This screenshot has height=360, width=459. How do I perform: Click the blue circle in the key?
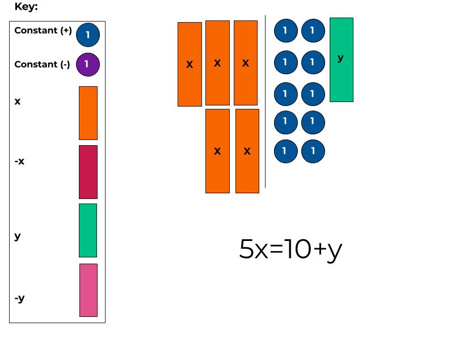pyautogui.click(x=87, y=35)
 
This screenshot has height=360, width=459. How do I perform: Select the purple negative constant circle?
pyautogui.click(x=87, y=64)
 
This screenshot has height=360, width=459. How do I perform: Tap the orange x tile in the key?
pyautogui.click(x=88, y=113)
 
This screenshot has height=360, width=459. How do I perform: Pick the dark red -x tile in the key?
pyautogui.click(x=88, y=172)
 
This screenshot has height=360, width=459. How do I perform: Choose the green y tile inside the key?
pyautogui.click(x=88, y=230)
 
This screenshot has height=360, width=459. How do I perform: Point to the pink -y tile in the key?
pyautogui.click(x=88, y=290)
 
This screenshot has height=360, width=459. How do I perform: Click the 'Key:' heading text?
pyautogui.click(x=26, y=7)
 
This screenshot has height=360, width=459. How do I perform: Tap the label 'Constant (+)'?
pyautogui.click(x=43, y=31)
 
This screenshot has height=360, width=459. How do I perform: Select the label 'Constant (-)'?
pyautogui.click(x=42, y=65)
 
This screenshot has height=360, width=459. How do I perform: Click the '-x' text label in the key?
pyautogui.click(x=19, y=162)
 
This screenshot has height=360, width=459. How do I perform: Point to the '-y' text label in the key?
pyautogui.click(x=19, y=298)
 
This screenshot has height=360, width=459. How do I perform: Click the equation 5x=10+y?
pyautogui.click(x=290, y=249)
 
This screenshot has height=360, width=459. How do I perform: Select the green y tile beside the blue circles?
pyautogui.click(x=341, y=60)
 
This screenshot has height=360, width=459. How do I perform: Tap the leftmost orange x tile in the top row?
pyautogui.click(x=190, y=64)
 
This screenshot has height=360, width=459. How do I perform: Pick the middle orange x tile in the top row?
pyautogui.click(x=217, y=63)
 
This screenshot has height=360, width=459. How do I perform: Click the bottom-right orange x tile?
pyautogui.click(x=247, y=151)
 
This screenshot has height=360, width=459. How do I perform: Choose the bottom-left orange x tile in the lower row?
pyautogui.click(x=217, y=151)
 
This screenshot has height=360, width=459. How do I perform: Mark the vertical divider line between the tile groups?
pyautogui.click(x=265, y=102)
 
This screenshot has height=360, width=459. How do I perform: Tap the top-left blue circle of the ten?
pyautogui.click(x=285, y=31)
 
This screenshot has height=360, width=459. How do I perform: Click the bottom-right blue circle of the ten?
pyautogui.click(x=313, y=151)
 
